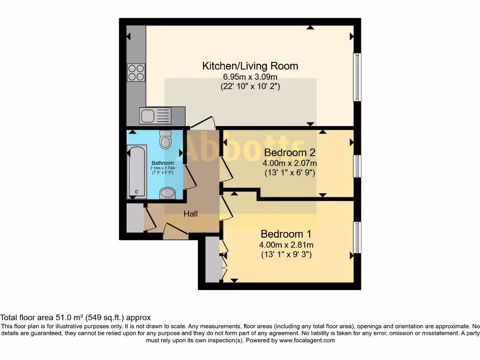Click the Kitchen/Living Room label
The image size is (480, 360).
click(250, 66)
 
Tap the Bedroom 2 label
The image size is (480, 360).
click(289, 152)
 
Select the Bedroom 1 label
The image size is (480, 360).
click(286, 234)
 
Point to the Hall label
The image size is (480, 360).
click(190, 214)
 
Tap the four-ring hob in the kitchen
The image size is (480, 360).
click(136, 72)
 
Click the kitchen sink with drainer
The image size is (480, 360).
click(155, 115)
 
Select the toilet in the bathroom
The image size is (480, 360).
click(165, 139)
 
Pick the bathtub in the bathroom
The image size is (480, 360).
click(136, 172)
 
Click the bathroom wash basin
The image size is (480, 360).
click(167, 193)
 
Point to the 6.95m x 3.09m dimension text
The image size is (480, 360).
click(250, 76)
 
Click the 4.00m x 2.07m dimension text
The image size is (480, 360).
click(289, 163)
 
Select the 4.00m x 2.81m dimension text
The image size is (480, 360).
click(286, 245)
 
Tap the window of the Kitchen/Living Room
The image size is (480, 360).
click(357, 77)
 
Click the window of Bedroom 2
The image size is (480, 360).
click(357, 166)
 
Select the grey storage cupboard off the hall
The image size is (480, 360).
click(135, 218)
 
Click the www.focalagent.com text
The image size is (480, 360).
click(307, 340)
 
